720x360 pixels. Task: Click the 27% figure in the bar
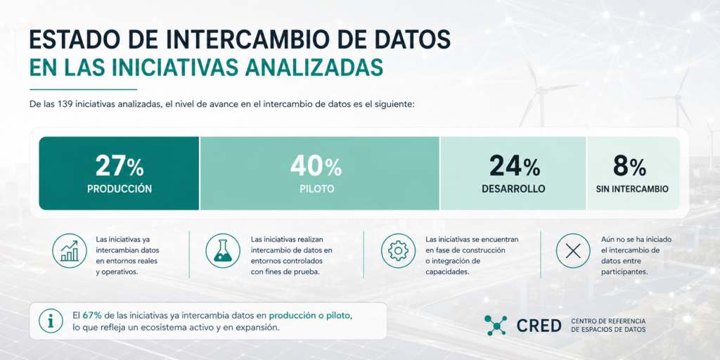click(x=120, y=166)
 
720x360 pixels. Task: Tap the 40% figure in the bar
click(x=316, y=166)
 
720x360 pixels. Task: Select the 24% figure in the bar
click(x=514, y=166)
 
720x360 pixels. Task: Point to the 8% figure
click(x=629, y=166)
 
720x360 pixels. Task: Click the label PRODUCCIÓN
click(x=120, y=188)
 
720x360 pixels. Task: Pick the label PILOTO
click(x=316, y=188)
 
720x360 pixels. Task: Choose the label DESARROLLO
click(x=513, y=188)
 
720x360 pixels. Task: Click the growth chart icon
click(x=70, y=251)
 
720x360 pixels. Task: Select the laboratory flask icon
click(x=223, y=251)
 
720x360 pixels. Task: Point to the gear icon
click(x=398, y=251)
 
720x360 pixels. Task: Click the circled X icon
click(x=573, y=251)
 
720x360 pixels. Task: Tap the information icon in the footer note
click(x=51, y=321)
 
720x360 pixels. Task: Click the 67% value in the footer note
click(x=92, y=316)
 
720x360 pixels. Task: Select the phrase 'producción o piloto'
click(x=310, y=316)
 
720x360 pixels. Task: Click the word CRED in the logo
click(x=539, y=326)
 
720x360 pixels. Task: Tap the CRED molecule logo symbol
click(x=496, y=325)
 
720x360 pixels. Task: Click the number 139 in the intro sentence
click(x=65, y=104)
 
